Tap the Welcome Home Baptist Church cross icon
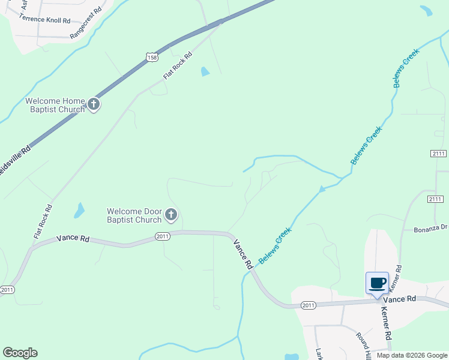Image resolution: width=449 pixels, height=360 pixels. point(93,104)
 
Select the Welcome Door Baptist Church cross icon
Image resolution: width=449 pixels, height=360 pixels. point(171,215)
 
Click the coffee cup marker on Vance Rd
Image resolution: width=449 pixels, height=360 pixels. point(377,283)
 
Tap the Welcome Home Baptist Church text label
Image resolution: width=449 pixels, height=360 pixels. point(55,105)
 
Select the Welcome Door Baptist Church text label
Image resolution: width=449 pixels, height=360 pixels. point(134,215)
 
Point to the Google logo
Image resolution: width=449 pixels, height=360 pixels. point(20,353)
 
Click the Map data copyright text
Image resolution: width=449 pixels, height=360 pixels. point(412,355)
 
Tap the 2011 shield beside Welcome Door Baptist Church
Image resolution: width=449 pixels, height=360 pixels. point(163,236)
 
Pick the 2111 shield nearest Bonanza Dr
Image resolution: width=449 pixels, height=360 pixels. point(435,199)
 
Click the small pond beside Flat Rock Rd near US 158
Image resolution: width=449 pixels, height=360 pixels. point(205,71)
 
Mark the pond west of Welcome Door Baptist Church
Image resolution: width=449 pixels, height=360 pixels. point(79,210)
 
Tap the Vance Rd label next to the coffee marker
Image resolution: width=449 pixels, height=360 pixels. point(400,299)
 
